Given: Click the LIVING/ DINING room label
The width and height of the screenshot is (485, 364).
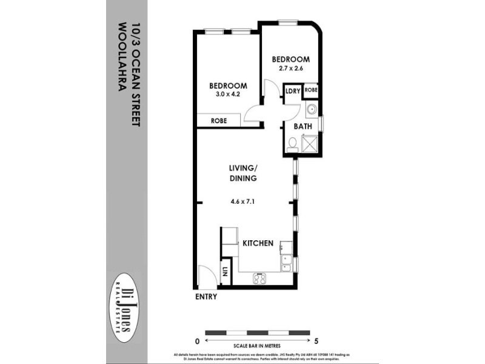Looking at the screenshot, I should [242, 173].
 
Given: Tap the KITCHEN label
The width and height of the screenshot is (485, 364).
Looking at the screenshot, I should [258, 243].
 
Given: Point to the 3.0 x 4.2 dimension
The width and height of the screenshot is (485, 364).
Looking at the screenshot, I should [228, 95].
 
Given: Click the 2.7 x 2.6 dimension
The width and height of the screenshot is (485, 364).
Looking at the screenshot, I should [290, 69].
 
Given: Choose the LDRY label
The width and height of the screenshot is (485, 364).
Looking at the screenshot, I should [293, 91].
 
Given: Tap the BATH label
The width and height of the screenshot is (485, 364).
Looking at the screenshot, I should [303, 126].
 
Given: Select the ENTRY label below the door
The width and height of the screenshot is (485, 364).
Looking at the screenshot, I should [206, 297].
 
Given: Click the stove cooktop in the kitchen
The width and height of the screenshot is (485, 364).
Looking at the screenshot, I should [261, 278].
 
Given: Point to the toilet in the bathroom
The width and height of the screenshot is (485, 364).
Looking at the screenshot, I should [292, 144].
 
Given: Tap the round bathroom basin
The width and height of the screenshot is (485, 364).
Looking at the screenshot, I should [311, 110].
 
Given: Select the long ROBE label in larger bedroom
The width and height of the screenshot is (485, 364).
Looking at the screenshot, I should [219, 121].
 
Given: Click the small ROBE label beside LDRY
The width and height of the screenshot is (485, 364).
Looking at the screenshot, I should [311, 90].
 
